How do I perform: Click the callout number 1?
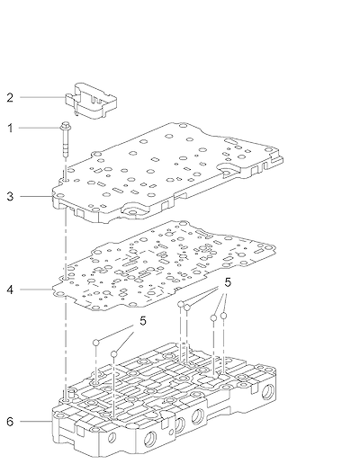pyautogui.click(x=10, y=129)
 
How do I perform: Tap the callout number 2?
pyautogui.click(x=10, y=97)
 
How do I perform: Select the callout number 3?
pyautogui.click(x=10, y=197)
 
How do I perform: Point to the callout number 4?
pyautogui.click(x=10, y=290)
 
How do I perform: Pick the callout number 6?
pyautogui.click(x=10, y=422)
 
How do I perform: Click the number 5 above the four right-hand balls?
pyautogui.click(x=228, y=282)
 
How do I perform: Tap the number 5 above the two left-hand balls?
pyautogui.click(x=143, y=321)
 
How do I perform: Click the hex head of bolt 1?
pyautogui.click(x=65, y=126)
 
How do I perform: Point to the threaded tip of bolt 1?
pyautogui.click(x=65, y=155)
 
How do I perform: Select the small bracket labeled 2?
pyautogui.click(x=91, y=101)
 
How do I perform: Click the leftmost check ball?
pyautogui.click(x=96, y=343)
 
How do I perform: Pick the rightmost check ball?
pyautogui.click(x=223, y=316)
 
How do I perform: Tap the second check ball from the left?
pyautogui.click(x=113, y=354)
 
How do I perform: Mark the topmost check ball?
pyautogui.click(x=180, y=304)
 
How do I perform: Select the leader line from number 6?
pyautogui.click(x=36, y=422)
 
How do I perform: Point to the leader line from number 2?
pyautogui.click(x=42, y=97)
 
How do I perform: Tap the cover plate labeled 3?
pyautogui.click(x=168, y=173)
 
